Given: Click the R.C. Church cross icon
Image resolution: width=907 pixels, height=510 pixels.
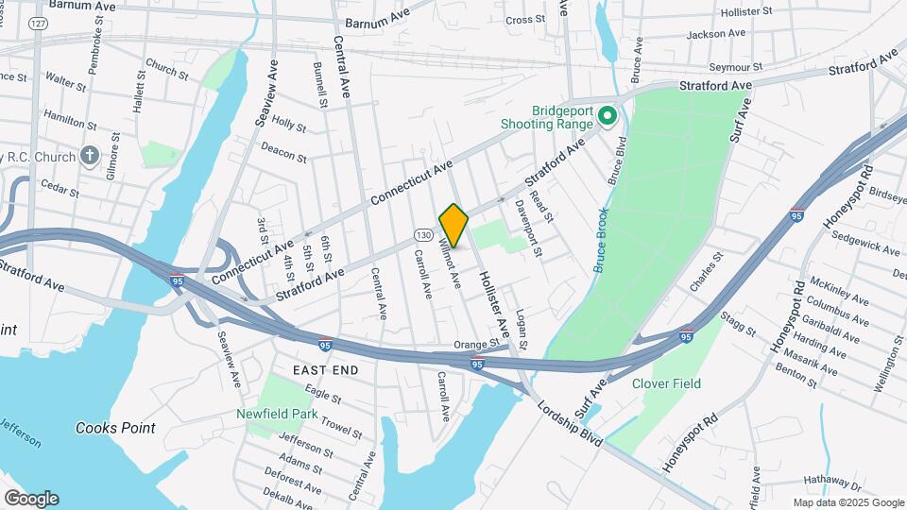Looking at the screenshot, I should click(90, 156).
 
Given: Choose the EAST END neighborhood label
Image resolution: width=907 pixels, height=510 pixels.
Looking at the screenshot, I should click(326, 370).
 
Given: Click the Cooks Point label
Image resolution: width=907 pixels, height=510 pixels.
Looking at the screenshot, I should click(115, 428).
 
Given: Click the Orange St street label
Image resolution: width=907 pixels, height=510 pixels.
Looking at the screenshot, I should click(474, 345).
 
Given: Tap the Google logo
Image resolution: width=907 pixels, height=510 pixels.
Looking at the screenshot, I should click(31, 499).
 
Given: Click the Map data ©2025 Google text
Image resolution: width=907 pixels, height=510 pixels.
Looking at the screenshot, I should click(847, 502).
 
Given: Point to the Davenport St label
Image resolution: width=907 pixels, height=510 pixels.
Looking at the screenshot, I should click(527, 229).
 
